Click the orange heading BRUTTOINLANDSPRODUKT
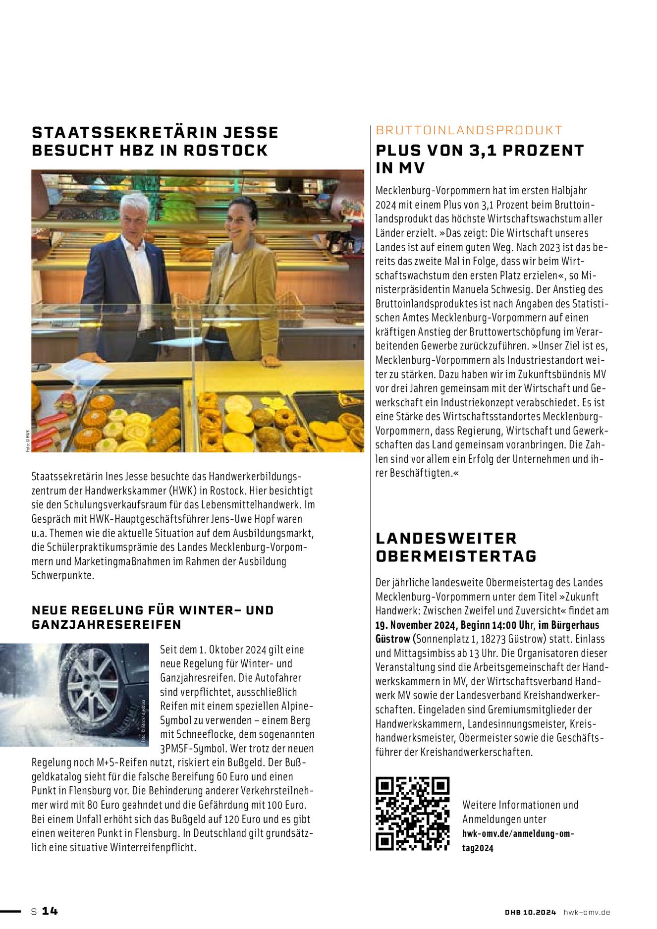coord(469,130)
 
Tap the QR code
coord(412,814)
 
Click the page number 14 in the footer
coord(50,911)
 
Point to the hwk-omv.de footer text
coord(587,912)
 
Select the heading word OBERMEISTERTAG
coord(456,556)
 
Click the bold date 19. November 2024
coord(417,625)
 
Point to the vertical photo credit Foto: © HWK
coord(28,440)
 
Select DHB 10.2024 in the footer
coord(530,912)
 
